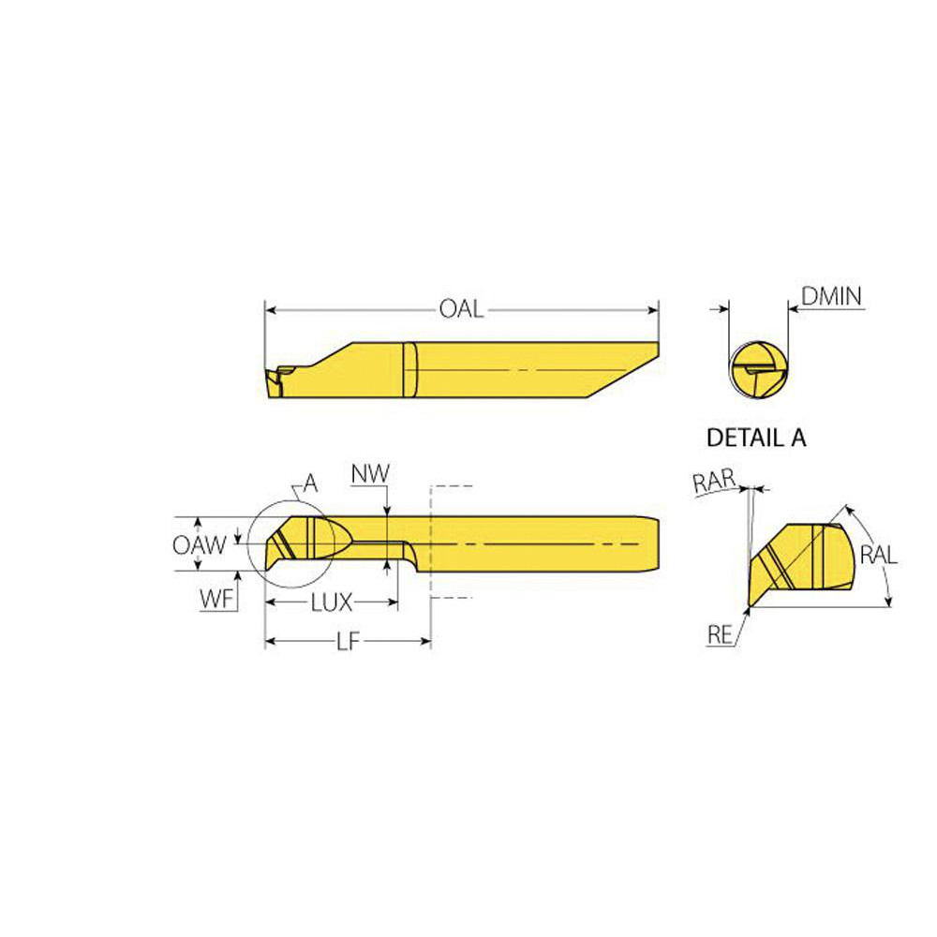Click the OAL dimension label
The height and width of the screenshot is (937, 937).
tap(461, 309)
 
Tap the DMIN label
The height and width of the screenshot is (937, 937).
tap(831, 298)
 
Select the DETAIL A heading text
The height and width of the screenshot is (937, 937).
tap(755, 437)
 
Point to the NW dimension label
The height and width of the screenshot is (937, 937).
tap(370, 474)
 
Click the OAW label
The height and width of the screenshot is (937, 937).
tap(199, 544)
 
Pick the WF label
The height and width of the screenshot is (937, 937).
tap(216, 600)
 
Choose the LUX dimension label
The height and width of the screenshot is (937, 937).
tap(332, 602)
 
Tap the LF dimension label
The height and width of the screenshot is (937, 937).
tap(348, 643)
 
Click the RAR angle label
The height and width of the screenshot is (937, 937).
tap(713, 483)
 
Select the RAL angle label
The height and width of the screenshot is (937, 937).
tap(879, 554)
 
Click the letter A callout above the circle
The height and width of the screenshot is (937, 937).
tap(310, 484)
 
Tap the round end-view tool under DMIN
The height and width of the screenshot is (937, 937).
tap(758, 372)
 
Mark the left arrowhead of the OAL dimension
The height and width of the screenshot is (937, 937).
tap(269, 309)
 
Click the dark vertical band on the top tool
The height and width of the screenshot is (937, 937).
tap(409, 370)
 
